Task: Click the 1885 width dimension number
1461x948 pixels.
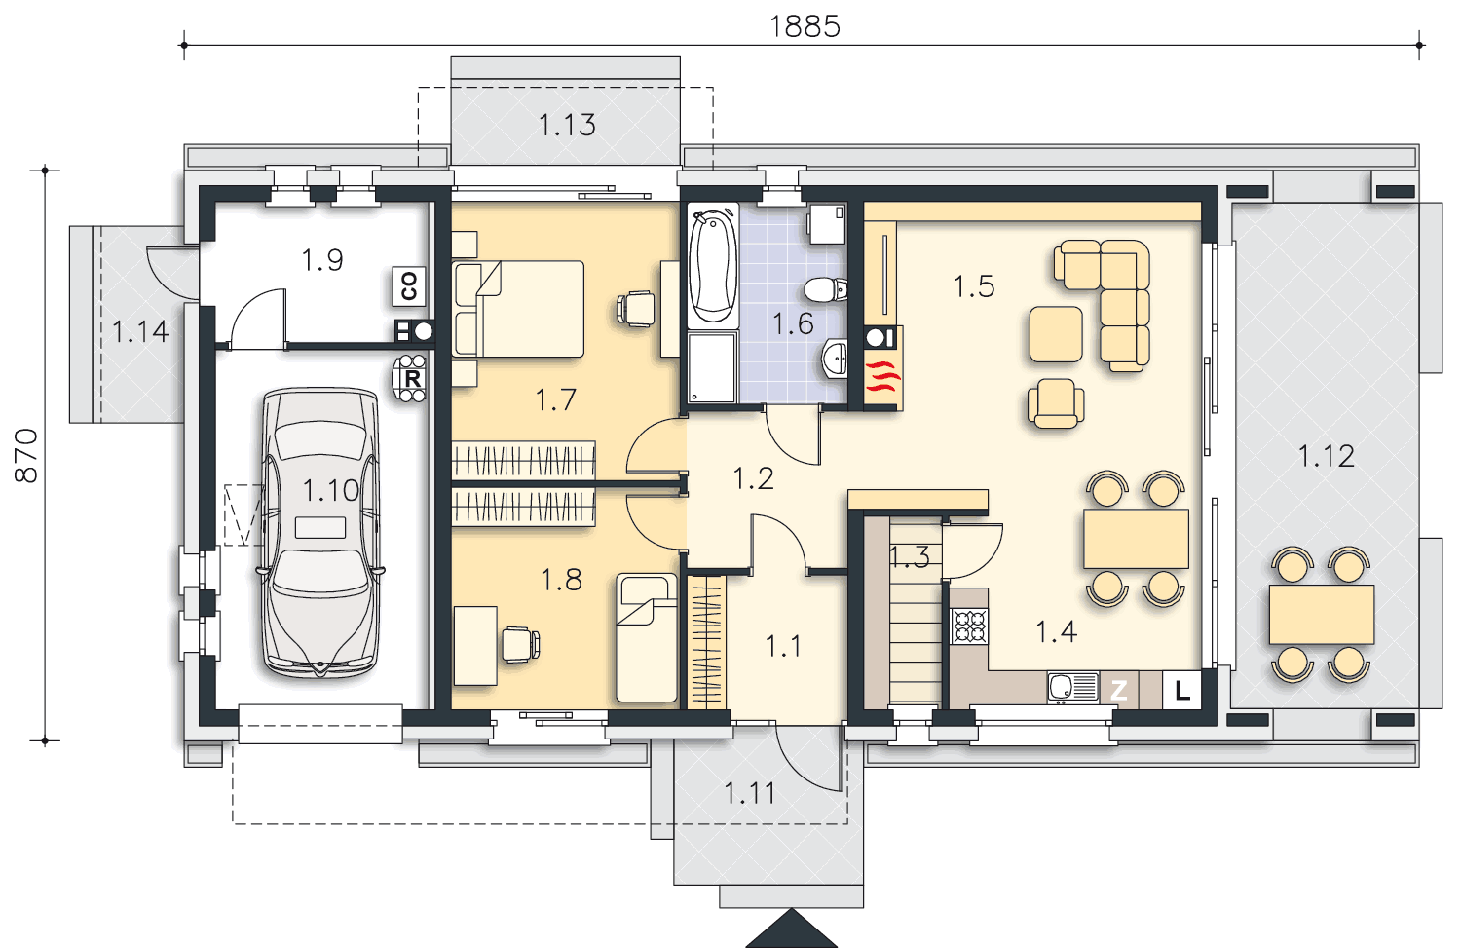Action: pos(805,26)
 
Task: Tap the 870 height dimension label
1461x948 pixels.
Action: pos(26,455)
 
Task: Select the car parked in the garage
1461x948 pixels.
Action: pos(320,533)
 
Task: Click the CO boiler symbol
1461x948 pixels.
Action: pos(409,285)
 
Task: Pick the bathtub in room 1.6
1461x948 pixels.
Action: pos(713,266)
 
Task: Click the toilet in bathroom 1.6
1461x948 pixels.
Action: pos(826,289)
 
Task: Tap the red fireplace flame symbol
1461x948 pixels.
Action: pos(882,376)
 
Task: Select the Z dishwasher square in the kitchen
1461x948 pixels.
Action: pos(1118,690)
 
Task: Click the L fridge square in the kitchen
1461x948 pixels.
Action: pos(1181,690)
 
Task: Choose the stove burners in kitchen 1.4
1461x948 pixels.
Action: pos(969,626)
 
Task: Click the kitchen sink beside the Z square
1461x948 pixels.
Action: pos(1073,688)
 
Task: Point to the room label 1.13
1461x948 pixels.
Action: pos(567,125)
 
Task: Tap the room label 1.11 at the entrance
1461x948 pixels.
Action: pos(749,793)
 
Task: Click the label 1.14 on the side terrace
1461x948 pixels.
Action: pos(140,331)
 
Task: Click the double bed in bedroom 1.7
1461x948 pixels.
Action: pos(518,309)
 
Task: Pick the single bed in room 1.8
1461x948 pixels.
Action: pos(647,637)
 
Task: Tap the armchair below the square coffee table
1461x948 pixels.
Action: pos(1056,404)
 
